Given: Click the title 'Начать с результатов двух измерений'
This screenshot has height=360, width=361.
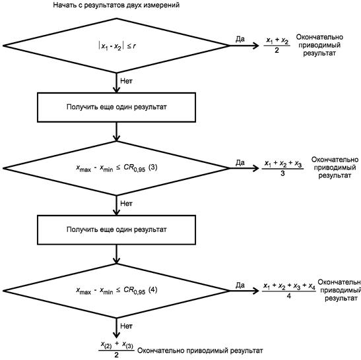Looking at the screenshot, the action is [x=116, y=5].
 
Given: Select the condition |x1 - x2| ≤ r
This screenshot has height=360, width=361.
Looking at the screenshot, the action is [x=117, y=46].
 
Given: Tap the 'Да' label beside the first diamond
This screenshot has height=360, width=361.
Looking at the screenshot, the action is [x=240, y=39].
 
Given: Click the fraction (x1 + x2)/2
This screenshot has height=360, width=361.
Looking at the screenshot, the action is [x=277, y=45].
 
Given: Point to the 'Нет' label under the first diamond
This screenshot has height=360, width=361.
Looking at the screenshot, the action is [x=127, y=81].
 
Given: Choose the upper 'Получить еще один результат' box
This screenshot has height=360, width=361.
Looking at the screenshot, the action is [x=117, y=107].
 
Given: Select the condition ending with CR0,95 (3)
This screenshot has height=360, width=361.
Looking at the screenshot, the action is [x=117, y=168].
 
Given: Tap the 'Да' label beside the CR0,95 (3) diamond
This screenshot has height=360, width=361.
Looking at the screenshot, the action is [x=240, y=163].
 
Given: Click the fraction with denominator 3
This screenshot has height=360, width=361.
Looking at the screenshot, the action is [x=282, y=168].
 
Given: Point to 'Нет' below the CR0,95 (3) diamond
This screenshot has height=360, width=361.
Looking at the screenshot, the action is [x=127, y=204].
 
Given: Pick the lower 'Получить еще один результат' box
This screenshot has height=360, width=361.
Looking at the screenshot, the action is [x=117, y=230].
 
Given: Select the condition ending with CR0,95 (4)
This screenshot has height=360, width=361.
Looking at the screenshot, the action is [x=117, y=291].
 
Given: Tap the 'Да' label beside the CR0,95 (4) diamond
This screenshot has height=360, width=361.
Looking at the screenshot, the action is [x=240, y=285].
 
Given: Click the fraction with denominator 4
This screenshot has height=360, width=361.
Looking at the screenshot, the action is [x=289, y=291].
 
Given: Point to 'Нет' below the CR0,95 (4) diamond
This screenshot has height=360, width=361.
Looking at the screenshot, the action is [x=127, y=326].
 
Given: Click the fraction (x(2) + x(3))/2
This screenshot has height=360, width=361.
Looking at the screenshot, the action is [x=117, y=349].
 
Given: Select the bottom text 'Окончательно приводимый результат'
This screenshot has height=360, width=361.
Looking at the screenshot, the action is [x=200, y=351].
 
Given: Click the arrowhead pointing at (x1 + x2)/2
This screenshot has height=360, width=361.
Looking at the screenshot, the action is [x=256, y=45].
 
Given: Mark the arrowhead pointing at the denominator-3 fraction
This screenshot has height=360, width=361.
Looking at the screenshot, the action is [x=256, y=168].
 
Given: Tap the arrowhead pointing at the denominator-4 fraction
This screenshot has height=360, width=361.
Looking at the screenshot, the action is [x=256, y=291].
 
